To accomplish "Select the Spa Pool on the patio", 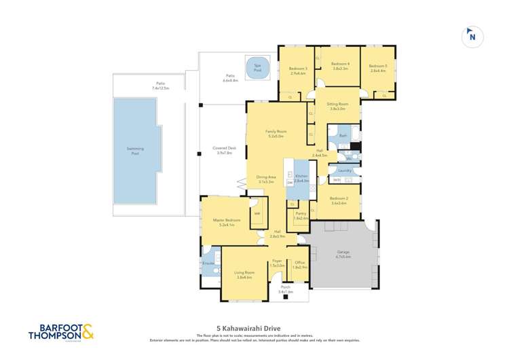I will point(257,67).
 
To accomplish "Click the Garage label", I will point(343,254).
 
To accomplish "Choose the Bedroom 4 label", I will point(340,66).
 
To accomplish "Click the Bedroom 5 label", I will point(378,68).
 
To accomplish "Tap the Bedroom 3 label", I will point(298,70).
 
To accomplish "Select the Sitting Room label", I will point(338,106).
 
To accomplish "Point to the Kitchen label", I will point(301,178).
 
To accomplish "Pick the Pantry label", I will point(301,215).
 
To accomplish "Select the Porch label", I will point(285,289).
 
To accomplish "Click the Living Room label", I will point(244,274).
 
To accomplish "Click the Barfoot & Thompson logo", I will point(61,333).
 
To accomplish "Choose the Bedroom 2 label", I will point(339,200).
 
